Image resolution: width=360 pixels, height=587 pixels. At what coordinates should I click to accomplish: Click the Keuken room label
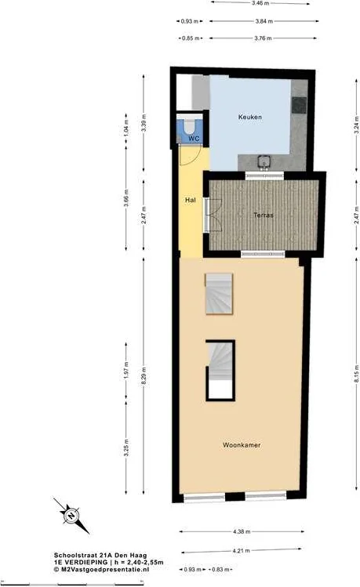[x=250, y=118]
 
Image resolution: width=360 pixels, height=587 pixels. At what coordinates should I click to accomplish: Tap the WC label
[x=194, y=139]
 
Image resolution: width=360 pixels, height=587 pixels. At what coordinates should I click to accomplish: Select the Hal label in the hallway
[x=191, y=201]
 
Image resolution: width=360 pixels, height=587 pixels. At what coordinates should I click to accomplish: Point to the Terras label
[x=264, y=216]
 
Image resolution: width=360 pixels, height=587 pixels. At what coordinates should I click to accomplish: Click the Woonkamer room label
[x=242, y=445]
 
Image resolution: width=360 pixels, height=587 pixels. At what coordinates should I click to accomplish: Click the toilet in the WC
[x=189, y=125]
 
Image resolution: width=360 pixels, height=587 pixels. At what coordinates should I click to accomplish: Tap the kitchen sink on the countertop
[x=264, y=161]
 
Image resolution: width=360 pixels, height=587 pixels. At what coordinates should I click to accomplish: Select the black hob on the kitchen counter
[x=300, y=105]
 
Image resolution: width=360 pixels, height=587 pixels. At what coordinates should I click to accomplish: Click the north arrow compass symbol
[x=71, y=516]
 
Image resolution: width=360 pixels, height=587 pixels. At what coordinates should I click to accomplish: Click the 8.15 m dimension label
[x=356, y=373]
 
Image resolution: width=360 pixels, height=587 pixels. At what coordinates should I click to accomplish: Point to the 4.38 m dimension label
[x=242, y=531]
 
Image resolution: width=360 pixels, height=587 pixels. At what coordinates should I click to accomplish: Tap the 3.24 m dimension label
[x=356, y=125]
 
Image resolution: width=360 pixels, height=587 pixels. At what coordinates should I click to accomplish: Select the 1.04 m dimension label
[x=126, y=128]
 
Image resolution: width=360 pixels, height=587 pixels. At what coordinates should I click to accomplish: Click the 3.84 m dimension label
[x=264, y=21]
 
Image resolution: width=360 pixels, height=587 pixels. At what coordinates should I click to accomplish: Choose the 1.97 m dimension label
[x=126, y=370]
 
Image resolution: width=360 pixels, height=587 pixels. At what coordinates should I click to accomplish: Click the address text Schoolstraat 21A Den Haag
[x=100, y=556]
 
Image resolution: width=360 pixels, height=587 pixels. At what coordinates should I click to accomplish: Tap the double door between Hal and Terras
[x=213, y=215]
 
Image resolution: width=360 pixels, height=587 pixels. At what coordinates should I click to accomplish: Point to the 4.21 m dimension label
[x=242, y=551]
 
